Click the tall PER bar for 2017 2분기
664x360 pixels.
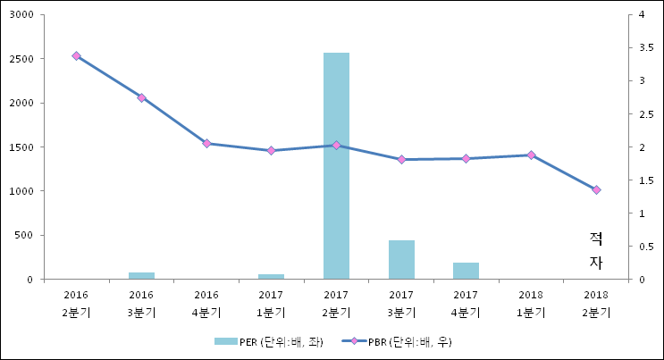click(336, 165)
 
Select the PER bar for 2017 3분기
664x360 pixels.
click(401, 259)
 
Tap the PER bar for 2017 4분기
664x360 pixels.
click(466, 270)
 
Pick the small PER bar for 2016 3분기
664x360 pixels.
click(141, 275)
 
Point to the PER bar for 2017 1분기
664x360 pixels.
click(271, 276)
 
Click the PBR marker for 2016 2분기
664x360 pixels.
click(76, 56)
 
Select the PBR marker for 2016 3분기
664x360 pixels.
click(141, 97)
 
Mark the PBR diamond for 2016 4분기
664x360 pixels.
click(206, 143)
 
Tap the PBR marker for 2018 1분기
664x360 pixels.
click(531, 155)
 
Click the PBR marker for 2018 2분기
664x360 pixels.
click(596, 189)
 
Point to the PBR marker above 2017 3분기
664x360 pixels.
click(401, 159)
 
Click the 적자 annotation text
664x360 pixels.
click(596, 250)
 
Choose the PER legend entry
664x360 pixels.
click(268, 341)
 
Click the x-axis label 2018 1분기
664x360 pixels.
click(531, 303)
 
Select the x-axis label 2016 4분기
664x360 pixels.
click(206, 303)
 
